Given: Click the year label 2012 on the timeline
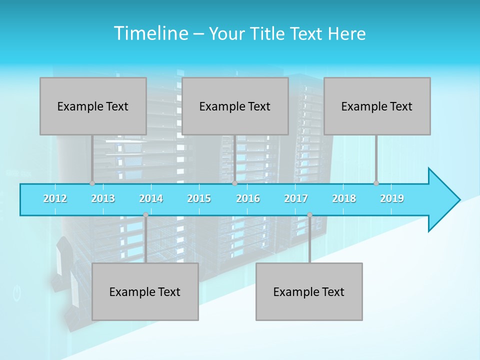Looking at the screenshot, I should [x=55, y=198].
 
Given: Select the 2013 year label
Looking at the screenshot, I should [x=103, y=198].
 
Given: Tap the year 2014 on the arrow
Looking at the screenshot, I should [x=151, y=198].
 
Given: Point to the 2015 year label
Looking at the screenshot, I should [x=199, y=198].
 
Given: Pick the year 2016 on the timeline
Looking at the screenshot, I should [x=248, y=198].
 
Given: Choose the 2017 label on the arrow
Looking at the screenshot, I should [x=296, y=198].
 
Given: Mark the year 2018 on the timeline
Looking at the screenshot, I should [x=344, y=198].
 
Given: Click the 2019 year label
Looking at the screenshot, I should [x=392, y=198].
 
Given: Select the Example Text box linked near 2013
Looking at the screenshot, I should [x=93, y=106].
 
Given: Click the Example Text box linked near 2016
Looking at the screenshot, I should [x=235, y=106].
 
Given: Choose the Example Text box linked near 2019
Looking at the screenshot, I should [x=377, y=106].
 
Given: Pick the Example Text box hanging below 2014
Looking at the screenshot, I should [x=145, y=291].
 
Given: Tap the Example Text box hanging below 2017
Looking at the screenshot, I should [x=309, y=291].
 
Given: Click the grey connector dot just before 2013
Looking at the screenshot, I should [x=92, y=183].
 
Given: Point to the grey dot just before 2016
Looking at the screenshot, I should [x=234, y=183].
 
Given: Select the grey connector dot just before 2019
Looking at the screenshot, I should [x=376, y=183].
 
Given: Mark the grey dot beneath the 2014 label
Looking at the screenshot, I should [x=145, y=215].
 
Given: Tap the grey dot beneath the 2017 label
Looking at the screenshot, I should [x=309, y=215].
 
